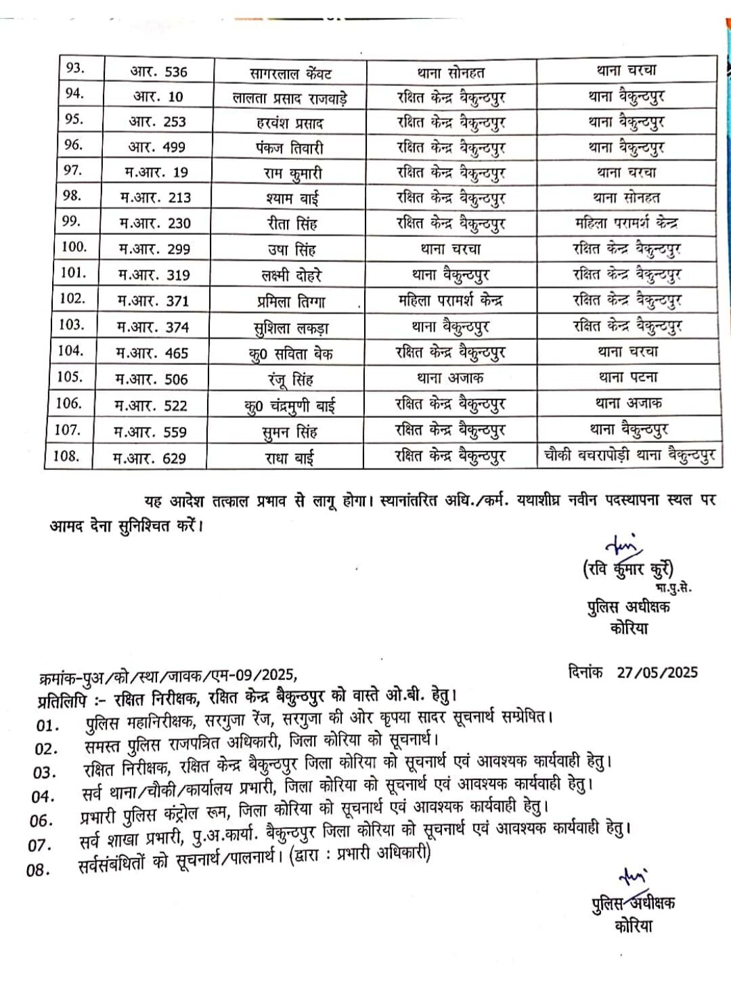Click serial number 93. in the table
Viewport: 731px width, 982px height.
click(74, 68)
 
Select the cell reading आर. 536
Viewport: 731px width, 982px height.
click(158, 72)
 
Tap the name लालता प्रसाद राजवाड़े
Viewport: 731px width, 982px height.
click(290, 98)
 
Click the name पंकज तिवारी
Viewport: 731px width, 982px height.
click(290, 148)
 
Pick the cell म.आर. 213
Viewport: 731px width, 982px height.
click(156, 198)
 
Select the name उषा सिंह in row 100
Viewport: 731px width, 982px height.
click(291, 249)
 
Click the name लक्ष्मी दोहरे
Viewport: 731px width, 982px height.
click(291, 275)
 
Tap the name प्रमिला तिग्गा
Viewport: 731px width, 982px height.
click(291, 301)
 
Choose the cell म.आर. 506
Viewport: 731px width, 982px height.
click(152, 379)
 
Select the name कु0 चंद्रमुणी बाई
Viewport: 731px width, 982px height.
click(289, 406)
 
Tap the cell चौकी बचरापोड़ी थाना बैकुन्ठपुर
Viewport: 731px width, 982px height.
click(629, 455)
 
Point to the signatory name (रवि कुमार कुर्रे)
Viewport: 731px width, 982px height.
click(628, 569)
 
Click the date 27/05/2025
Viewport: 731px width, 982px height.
click(657, 672)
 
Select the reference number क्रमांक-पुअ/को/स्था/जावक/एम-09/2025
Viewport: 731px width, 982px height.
click(168, 675)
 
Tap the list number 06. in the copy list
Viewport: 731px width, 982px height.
click(41, 821)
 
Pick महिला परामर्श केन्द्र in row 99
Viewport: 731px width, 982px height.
click(626, 223)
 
